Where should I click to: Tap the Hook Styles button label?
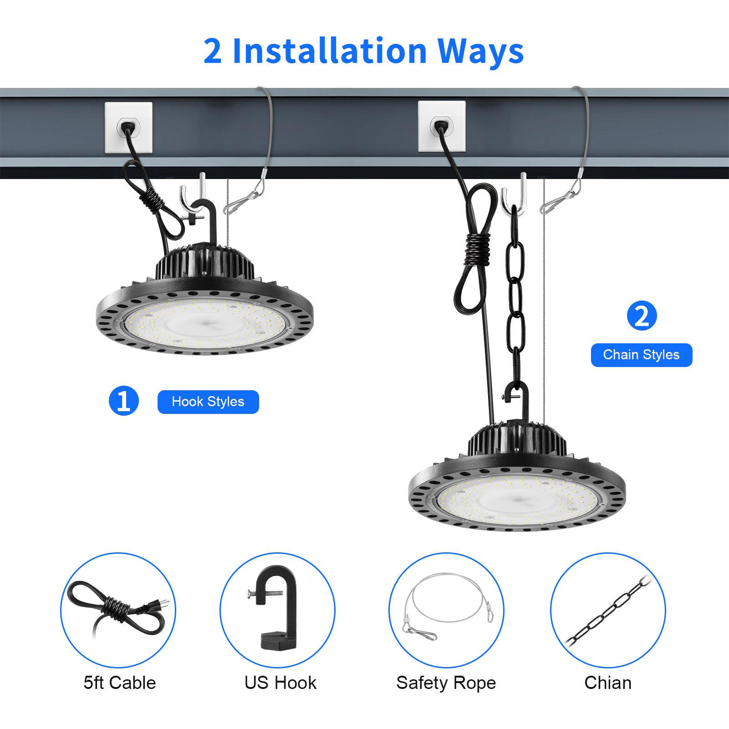tap(208, 402)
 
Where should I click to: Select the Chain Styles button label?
tap(642, 355)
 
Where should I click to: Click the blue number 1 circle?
tap(123, 401)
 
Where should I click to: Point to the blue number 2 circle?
tap(642, 316)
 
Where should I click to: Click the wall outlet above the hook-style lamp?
tap(128, 128)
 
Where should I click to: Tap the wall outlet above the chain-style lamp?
tap(442, 126)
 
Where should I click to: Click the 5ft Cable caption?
tap(120, 683)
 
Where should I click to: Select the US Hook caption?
tap(280, 683)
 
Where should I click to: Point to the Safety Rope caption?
tap(446, 683)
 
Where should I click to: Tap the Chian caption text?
tap(608, 683)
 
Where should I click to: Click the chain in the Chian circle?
tap(608, 611)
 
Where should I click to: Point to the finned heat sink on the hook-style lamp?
tap(205, 262)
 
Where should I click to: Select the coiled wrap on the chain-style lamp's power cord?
tap(477, 249)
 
